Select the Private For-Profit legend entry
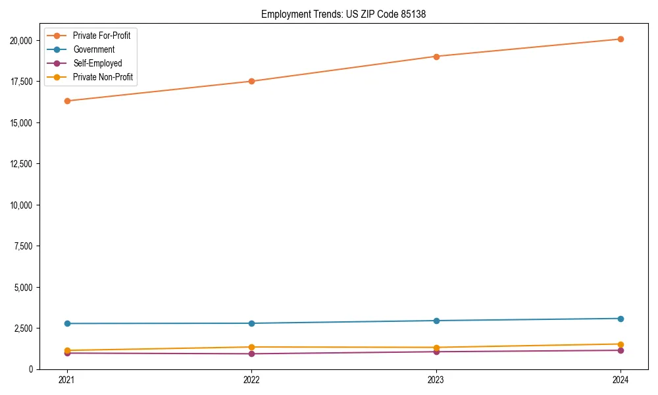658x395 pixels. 101,36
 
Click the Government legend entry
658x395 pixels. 93,49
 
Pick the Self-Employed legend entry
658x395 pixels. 97,64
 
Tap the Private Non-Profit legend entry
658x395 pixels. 103,78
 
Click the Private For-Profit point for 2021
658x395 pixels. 66,101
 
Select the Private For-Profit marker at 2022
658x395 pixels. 251,81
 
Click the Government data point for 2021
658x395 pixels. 66,323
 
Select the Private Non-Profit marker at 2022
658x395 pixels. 251,347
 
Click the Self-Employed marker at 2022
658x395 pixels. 251,354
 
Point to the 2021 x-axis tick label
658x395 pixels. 66,380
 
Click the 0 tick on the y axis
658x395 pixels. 30,369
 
